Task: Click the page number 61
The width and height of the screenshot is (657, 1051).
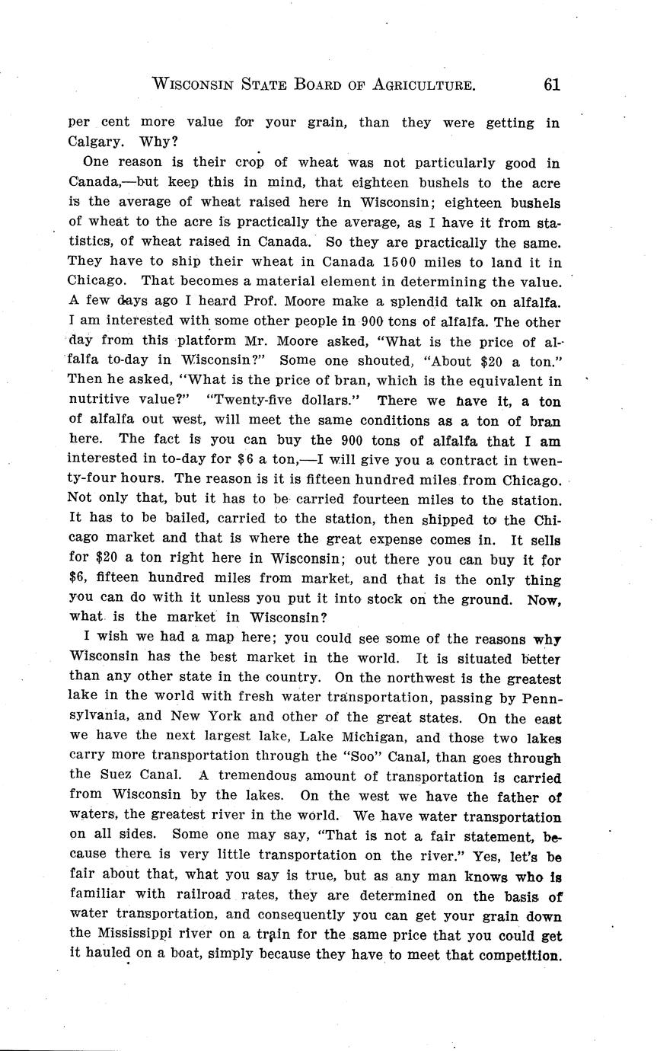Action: pyautogui.click(x=552, y=85)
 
